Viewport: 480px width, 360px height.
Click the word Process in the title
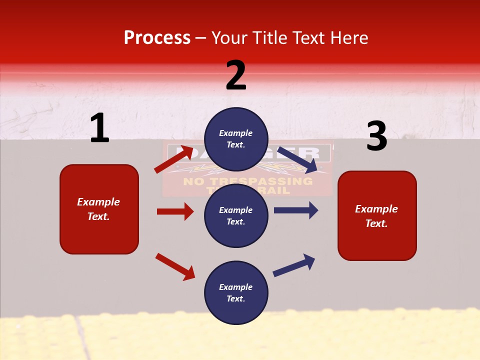(x=157, y=38)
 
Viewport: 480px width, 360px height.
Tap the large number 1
(x=99, y=128)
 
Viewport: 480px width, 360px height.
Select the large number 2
(x=236, y=75)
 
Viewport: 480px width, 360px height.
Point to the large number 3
(x=376, y=136)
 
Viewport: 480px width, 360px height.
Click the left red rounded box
(x=99, y=209)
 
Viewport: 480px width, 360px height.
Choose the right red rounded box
(x=377, y=215)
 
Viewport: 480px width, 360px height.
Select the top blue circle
(x=236, y=139)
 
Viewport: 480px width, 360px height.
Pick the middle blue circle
(x=236, y=215)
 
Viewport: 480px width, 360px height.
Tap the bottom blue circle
(x=236, y=292)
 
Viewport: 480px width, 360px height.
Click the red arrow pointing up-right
(x=173, y=159)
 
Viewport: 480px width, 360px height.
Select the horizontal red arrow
(x=175, y=211)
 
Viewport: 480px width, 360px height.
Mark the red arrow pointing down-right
(x=175, y=266)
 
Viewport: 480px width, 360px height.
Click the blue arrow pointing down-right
(x=297, y=159)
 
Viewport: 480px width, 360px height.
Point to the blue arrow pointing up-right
(x=294, y=265)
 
